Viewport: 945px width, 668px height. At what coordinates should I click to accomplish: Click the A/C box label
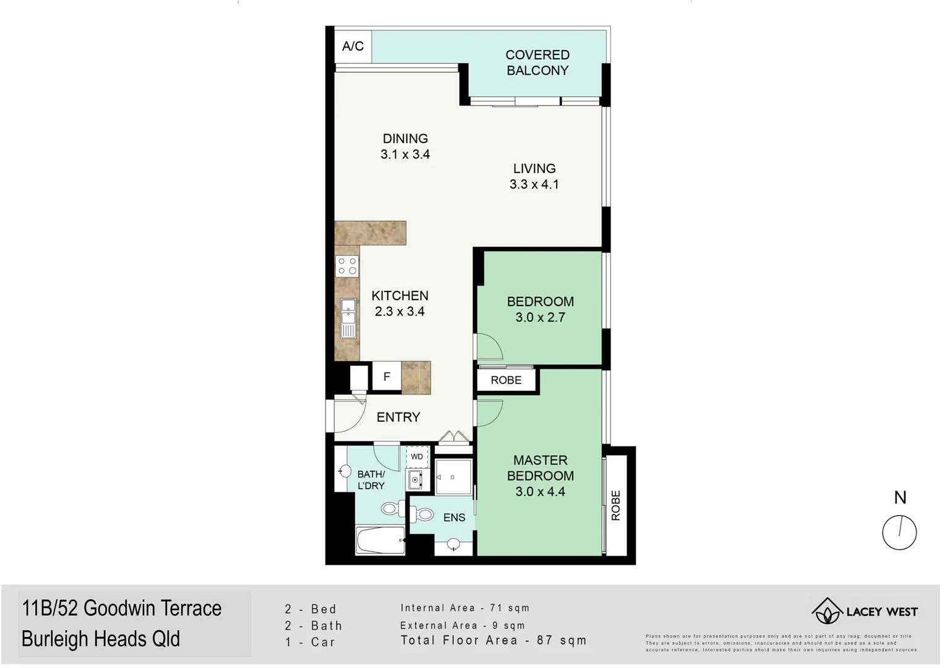(x=353, y=46)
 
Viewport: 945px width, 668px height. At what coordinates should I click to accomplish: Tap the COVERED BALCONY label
(x=537, y=62)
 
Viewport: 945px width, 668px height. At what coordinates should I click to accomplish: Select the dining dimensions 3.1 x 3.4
(x=405, y=155)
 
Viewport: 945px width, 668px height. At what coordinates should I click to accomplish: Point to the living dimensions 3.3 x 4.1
(x=534, y=184)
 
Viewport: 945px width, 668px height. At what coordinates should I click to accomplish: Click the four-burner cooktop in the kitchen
(x=347, y=267)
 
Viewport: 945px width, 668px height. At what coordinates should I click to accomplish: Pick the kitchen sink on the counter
(x=348, y=319)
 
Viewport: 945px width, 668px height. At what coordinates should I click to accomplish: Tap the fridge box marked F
(x=387, y=377)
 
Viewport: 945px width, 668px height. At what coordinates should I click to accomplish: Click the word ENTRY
(x=398, y=417)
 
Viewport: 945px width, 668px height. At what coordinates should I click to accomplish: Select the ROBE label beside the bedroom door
(x=506, y=380)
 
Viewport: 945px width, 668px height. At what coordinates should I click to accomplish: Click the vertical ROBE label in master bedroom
(x=615, y=505)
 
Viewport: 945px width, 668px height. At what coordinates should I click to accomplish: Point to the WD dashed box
(x=417, y=457)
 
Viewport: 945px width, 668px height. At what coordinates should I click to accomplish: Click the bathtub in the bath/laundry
(x=380, y=541)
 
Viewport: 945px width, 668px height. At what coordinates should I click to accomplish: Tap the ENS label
(x=454, y=518)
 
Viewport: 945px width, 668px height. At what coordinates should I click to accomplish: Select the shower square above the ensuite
(x=453, y=477)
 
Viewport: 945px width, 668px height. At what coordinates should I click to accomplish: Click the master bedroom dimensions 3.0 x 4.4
(x=540, y=492)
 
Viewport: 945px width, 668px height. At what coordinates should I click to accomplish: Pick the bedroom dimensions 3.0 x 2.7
(x=540, y=317)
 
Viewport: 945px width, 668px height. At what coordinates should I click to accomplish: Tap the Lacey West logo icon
(x=827, y=611)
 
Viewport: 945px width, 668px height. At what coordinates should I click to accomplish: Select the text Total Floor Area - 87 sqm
(x=493, y=640)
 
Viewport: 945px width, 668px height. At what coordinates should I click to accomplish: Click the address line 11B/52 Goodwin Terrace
(x=122, y=609)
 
